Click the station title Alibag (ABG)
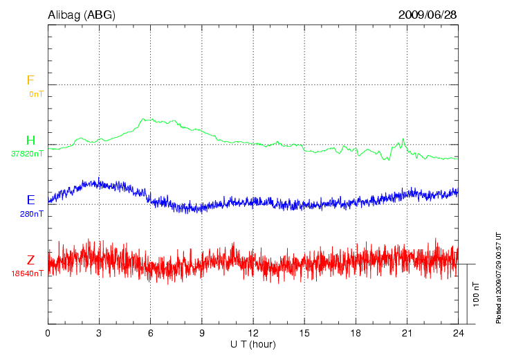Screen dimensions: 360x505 [x=81, y=15]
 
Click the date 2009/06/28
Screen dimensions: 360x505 [x=428, y=15]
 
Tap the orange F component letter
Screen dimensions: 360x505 [x=30, y=80]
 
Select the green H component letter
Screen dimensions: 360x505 [x=30, y=141]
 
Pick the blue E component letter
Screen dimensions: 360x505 [x=30, y=200]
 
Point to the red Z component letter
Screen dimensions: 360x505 [x=30, y=260]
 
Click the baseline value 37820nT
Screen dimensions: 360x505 [x=27, y=154]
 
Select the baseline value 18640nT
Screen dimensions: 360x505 [x=27, y=273]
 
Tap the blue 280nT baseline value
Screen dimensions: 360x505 [x=31, y=214]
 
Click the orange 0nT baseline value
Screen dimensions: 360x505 [x=36, y=93]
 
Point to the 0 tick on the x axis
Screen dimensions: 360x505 [x=48, y=333]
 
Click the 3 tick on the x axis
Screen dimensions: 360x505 [x=99, y=333]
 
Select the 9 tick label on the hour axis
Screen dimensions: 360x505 [x=202, y=333]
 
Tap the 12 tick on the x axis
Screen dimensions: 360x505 [x=253, y=333]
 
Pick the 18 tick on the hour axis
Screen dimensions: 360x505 [x=356, y=333]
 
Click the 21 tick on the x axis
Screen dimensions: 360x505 [x=407, y=333]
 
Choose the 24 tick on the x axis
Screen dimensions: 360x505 [x=458, y=333]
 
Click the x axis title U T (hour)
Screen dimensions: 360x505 [x=253, y=344]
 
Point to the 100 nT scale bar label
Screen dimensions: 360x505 [x=476, y=294]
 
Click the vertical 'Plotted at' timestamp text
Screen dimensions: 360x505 [x=498, y=277]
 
